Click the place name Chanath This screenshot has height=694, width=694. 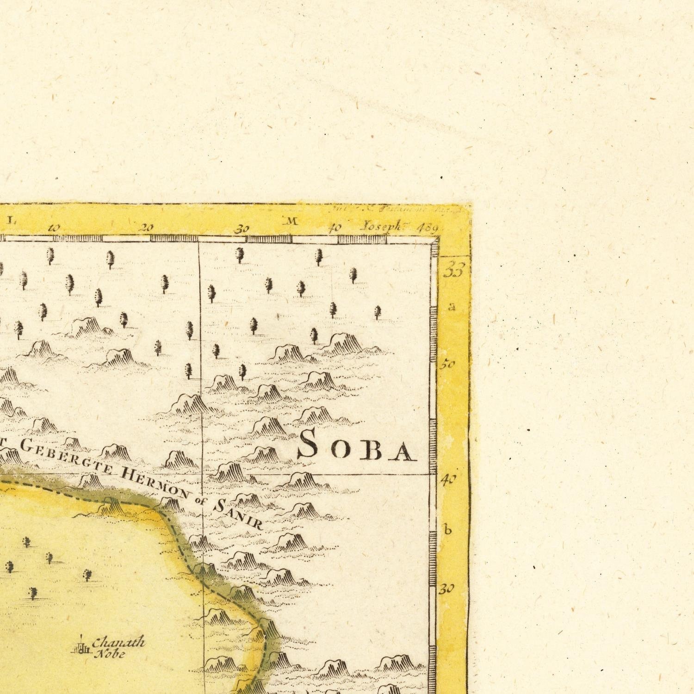click(118, 643)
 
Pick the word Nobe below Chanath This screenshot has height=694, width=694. click(110, 654)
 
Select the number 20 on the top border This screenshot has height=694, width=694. click(147, 228)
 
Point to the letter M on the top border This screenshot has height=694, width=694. click(292, 222)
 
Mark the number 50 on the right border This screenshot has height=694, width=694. click(447, 365)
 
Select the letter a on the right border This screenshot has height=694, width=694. click(452, 307)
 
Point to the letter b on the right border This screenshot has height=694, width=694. click(447, 530)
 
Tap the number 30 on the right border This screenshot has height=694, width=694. click(446, 589)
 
